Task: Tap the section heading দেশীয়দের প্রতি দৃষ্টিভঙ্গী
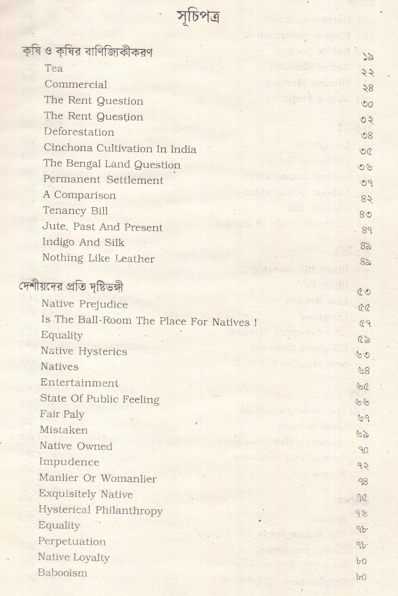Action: pos(70,287)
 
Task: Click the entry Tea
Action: pos(54,68)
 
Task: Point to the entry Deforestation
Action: pos(79,132)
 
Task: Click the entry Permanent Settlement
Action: pos(103,180)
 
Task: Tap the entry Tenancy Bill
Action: pos(75,211)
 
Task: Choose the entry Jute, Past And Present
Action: pos(102,227)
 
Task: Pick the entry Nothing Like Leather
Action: pos(98,258)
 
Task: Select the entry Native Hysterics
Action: pos(84,351)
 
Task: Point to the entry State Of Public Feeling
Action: pos(99,399)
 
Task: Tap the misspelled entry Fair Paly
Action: pos(62,414)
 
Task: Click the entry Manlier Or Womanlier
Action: pos(98,478)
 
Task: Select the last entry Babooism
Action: pos(62,573)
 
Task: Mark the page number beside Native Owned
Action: pos(363,450)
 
